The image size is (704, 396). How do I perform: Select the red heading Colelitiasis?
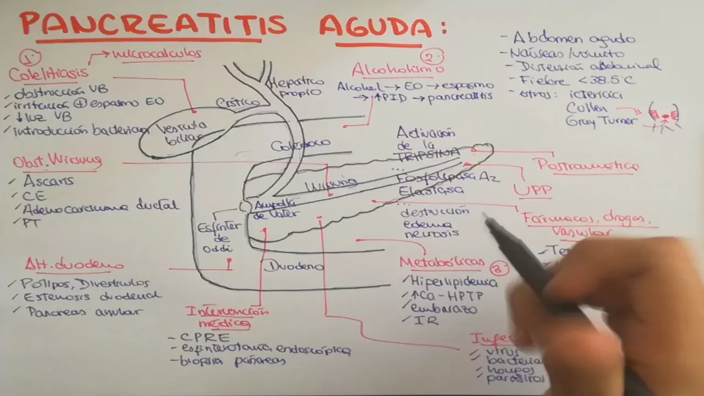click(x=48, y=73)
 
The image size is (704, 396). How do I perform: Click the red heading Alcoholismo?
click(x=398, y=70)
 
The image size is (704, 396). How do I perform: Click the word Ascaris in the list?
click(x=48, y=181)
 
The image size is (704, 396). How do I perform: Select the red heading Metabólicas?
click(x=442, y=262)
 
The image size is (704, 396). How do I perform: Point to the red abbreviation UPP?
click(x=532, y=190)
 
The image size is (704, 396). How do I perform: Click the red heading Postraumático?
click(x=587, y=165)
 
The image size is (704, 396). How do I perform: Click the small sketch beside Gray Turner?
click(x=664, y=116)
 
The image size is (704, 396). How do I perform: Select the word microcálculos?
click(x=157, y=53)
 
